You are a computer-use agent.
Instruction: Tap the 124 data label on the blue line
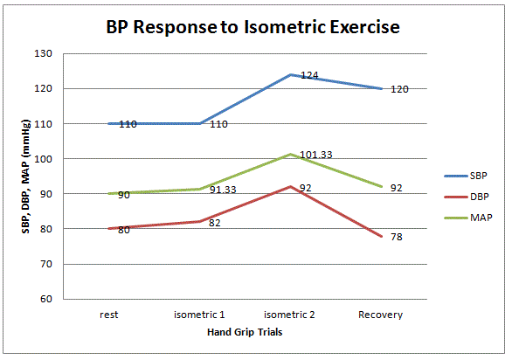(x=309, y=76)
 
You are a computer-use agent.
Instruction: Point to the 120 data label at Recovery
(x=400, y=89)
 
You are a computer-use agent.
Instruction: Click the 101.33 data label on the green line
(x=317, y=156)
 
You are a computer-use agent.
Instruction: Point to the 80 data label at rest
(x=124, y=230)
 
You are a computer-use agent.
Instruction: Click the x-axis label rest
(x=109, y=314)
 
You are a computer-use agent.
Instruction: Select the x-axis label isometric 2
(x=290, y=314)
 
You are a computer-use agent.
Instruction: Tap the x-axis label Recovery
(x=381, y=314)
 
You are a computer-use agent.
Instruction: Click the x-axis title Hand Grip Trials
(x=246, y=333)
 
